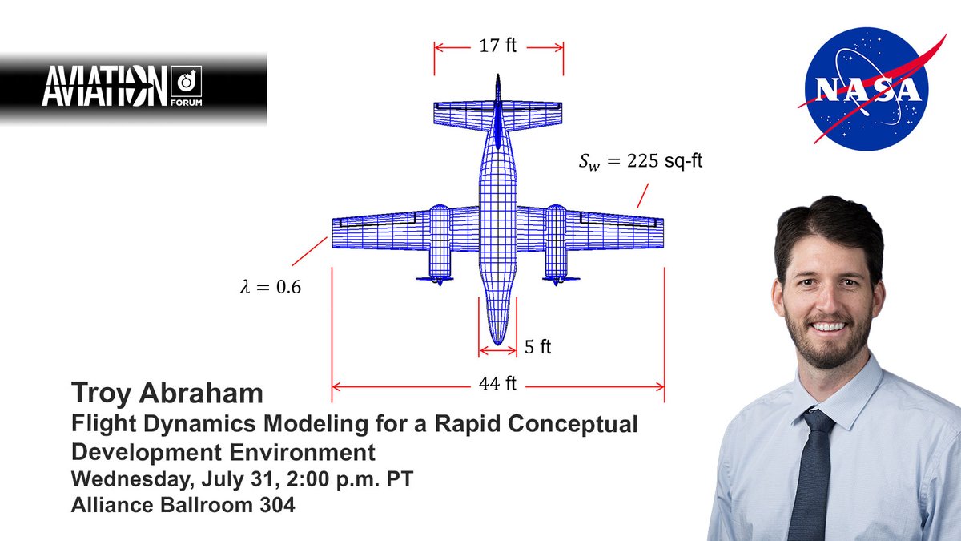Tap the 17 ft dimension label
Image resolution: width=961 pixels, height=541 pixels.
pyautogui.click(x=498, y=46)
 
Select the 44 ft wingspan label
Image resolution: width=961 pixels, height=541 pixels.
pyautogui.click(x=498, y=386)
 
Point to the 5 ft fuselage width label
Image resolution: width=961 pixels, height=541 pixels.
pyautogui.click(x=538, y=348)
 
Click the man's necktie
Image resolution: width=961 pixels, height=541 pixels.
pyautogui.click(x=811, y=473)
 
